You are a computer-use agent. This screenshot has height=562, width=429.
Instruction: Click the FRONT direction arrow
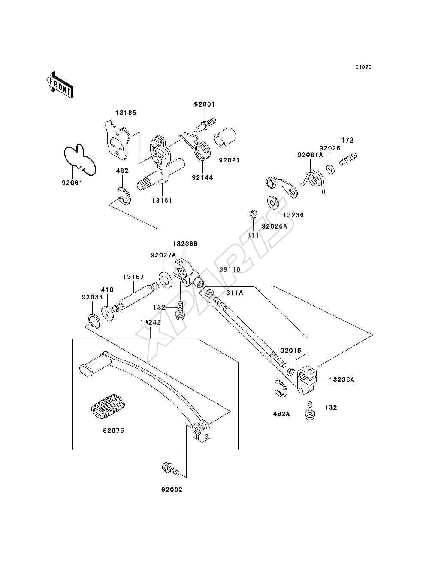[60, 85]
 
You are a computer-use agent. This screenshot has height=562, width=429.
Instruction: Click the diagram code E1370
[363, 67]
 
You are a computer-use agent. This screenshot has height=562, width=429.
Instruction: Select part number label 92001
[205, 104]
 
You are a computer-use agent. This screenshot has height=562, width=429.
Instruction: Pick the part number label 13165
[126, 113]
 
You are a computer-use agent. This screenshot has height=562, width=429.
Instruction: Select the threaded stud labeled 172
[348, 159]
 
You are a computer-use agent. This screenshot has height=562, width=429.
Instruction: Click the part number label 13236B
[185, 244]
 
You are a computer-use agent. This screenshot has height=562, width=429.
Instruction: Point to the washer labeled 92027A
[166, 279]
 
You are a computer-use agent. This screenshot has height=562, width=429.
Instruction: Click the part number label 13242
[151, 322]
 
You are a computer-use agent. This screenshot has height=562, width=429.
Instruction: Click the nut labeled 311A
[209, 293]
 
